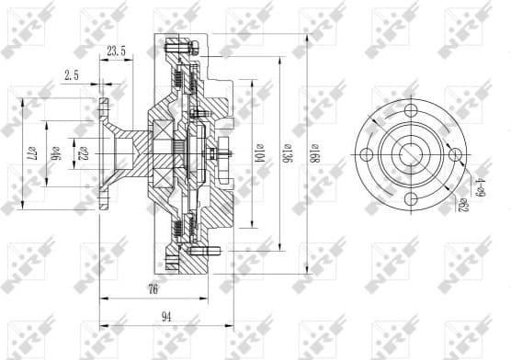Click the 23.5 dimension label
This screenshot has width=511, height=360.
coord(117,51)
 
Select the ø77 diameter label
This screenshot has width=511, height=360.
coord(29,149)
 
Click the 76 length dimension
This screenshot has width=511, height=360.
coord(153,289)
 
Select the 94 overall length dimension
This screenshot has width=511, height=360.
coord(166,317)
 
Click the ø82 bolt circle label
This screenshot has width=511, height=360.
coord(464,203)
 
